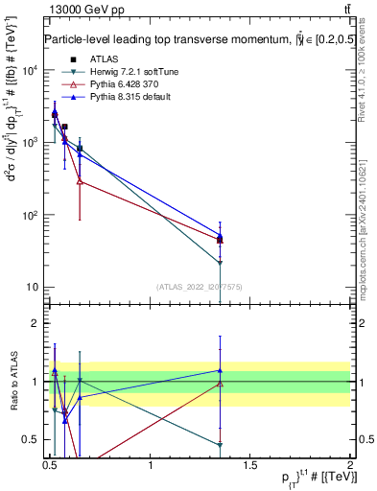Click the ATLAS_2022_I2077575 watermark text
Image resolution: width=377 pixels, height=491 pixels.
tap(200, 287)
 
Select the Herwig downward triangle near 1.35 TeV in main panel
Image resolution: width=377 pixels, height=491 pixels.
tap(221, 263)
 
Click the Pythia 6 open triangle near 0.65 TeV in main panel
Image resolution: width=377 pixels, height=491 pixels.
tap(80, 180)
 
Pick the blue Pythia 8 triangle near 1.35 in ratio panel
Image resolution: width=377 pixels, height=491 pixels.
tap(221, 370)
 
